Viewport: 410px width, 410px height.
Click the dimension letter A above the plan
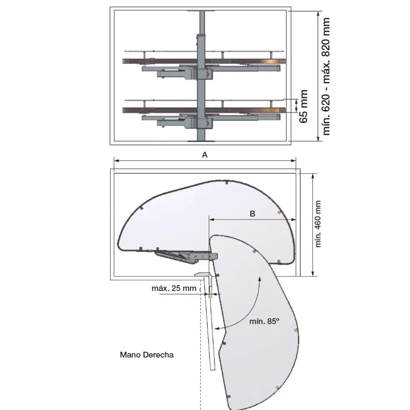[205, 155]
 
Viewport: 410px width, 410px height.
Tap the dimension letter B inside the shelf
[253, 214]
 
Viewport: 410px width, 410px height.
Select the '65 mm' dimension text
[303, 106]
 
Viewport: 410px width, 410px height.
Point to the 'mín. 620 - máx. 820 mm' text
[327, 76]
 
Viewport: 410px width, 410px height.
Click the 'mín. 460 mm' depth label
[318, 224]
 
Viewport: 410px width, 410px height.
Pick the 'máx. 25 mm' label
[174, 288]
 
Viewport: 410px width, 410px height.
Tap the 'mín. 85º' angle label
[264, 321]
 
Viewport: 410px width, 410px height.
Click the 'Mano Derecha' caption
[147, 355]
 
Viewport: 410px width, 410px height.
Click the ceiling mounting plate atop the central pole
[201, 11]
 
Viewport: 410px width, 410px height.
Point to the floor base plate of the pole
[201, 141]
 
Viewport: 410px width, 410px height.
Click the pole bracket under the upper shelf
[205, 74]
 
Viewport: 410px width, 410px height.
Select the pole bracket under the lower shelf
[205, 123]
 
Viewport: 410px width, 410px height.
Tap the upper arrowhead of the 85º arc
[260, 278]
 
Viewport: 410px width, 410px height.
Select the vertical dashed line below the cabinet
[200, 345]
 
